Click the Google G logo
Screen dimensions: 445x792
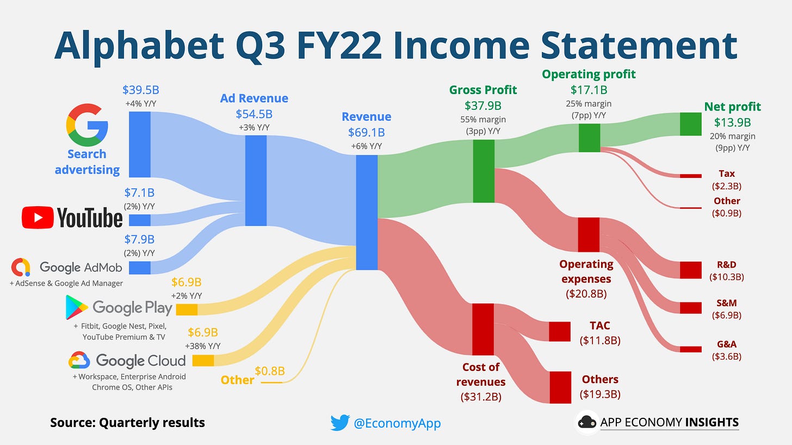pos(86,123)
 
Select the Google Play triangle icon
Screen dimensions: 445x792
pos(77,307)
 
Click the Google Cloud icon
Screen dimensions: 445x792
pos(79,360)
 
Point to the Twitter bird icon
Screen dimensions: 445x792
pos(339,423)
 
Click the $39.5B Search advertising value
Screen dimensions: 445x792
pos(140,90)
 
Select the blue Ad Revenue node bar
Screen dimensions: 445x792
pos(256,181)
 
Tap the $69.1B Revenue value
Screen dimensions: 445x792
pos(366,132)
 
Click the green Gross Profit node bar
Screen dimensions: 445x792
pos(483,171)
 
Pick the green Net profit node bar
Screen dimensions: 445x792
pos(691,124)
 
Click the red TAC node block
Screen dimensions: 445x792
pos(559,331)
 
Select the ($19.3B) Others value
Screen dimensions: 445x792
pos(600,394)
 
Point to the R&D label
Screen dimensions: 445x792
pos(727,265)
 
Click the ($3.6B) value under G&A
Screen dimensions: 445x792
pos(727,357)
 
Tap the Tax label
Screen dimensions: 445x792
pos(727,174)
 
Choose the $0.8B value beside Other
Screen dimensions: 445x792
pos(270,372)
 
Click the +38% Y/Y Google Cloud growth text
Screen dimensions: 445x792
pos(202,345)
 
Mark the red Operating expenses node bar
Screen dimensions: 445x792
pos(588,234)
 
